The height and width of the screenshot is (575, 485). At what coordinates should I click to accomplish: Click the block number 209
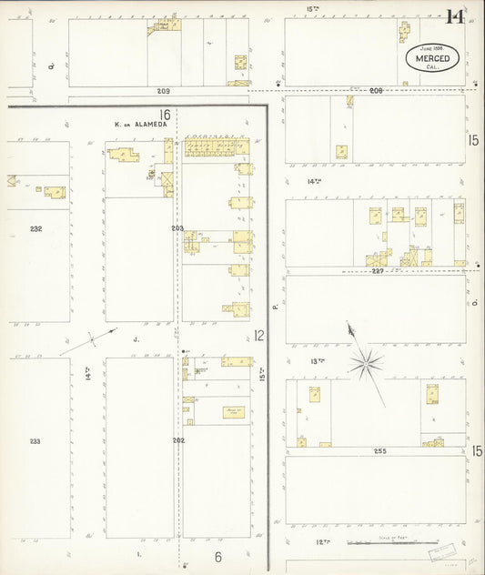tap(163, 92)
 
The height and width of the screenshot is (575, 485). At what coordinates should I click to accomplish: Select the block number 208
tap(376, 91)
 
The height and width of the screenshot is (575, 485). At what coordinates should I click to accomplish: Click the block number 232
tap(35, 228)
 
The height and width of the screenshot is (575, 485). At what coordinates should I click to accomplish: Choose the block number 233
tap(35, 441)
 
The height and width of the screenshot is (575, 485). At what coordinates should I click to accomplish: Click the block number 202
tap(177, 441)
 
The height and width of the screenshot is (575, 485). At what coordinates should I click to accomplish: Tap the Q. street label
tap(54, 66)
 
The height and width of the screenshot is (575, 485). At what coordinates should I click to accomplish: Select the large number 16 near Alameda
tap(165, 115)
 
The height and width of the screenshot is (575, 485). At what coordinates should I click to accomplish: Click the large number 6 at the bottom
tap(217, 557)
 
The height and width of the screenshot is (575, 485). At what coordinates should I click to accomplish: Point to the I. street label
tap(138, 553)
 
